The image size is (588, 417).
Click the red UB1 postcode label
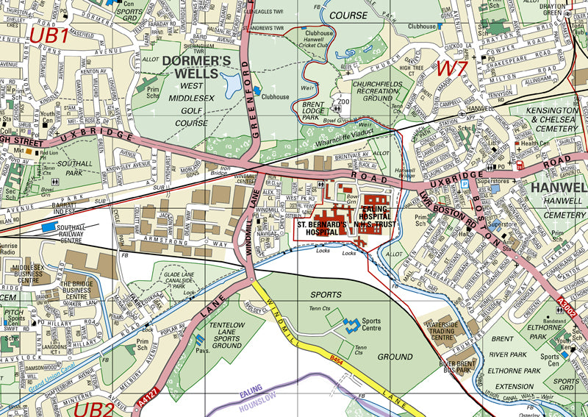click(49, 35)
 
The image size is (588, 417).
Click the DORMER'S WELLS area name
click(196, 67)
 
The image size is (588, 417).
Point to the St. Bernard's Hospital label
click(321, 228)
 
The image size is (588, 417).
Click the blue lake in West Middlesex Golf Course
click(232, 85)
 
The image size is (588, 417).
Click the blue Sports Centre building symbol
click(351, 323)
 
